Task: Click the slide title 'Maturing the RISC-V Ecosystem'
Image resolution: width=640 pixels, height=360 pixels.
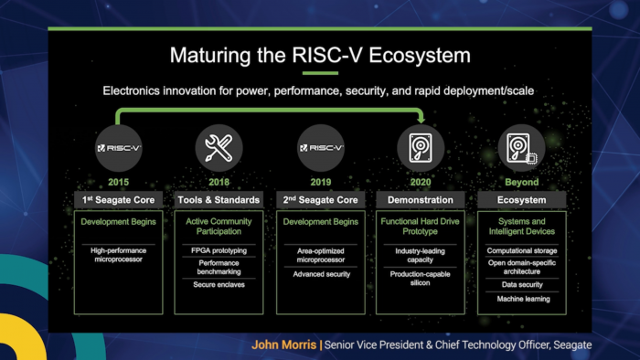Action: [320, 55]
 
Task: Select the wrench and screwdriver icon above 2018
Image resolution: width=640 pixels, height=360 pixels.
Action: [220, 146]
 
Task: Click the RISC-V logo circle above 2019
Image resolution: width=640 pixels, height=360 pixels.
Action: [321, 146]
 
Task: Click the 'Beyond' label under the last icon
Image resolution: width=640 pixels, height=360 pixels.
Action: [521, 182]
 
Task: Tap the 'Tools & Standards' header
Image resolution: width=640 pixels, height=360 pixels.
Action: [220, 199]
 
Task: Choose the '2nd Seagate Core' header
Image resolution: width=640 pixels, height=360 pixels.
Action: [321, 199]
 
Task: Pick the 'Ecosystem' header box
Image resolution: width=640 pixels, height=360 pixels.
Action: [521, 199]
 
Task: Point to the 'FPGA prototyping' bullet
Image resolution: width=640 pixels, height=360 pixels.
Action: [220, 249]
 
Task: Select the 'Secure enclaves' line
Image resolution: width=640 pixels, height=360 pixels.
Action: [220, 283]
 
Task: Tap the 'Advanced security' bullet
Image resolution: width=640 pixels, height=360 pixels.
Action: [321, 272]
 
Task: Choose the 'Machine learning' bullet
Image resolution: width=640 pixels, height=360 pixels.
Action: [521, 299]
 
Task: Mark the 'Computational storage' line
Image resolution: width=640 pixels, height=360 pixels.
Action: [521, 250]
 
